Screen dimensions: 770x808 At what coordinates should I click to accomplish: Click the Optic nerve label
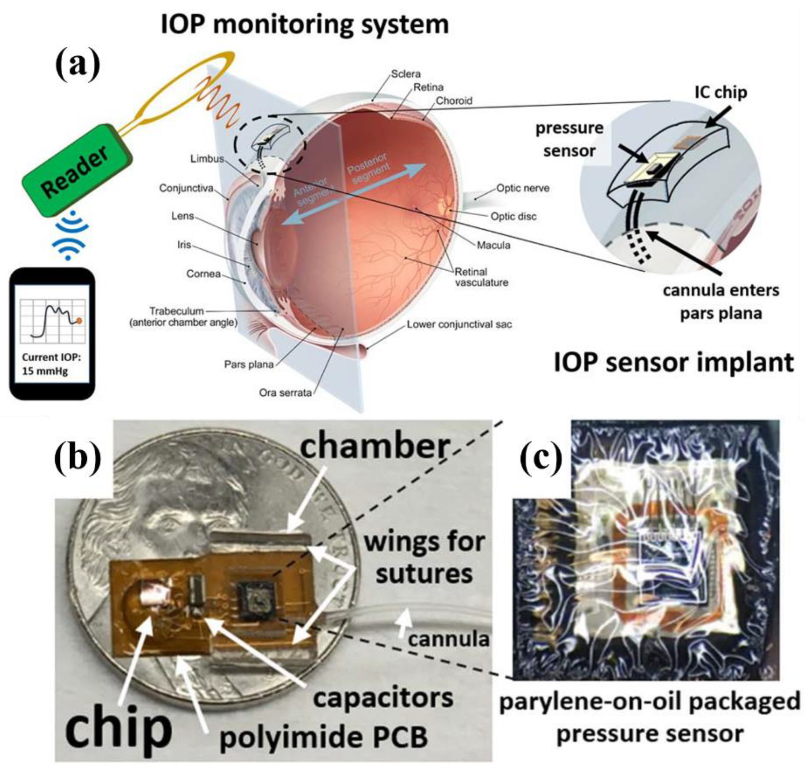pyautogui.click(x=522, y=189)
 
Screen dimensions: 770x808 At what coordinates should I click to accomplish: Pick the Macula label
pyautogui.click(x=493, y=246)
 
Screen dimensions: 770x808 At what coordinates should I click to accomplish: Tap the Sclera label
pyautogui.click(x=405, y=74)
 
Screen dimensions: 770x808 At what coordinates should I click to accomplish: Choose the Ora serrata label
pyautogui.click(x=285, y=393)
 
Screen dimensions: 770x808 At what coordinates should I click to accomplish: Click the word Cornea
pyautogui.click(x=203, y=274)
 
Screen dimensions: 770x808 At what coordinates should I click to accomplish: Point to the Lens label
pyautogui.click(x=183, y=216)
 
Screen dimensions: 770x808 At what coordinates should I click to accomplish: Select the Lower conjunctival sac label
pyautogui.click(x=459, y=325)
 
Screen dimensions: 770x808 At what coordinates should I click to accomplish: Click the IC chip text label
pyautogui.click(x=720, y=92)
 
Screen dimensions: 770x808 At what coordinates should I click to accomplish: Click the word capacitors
pyautogui.click(x=383, y=698)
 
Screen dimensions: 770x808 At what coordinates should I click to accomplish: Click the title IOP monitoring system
pyautogui.click(x=305, y=24)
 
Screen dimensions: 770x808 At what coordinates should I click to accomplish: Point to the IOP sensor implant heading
pyautogui.click(x=674, y=363)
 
